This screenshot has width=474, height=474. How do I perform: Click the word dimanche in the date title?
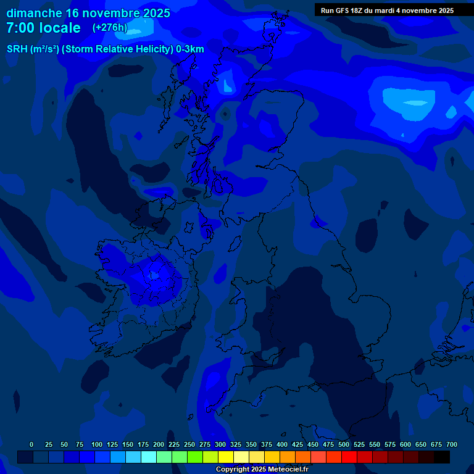tap(34, 13)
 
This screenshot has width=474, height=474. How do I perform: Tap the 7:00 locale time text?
tap(43, 28)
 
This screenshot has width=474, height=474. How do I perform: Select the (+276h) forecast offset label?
tap(110, 28)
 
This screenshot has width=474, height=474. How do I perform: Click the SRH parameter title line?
tap(105, 49)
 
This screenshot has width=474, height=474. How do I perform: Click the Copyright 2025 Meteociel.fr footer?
tap(262, 470)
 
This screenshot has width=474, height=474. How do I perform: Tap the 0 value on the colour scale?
tap(31, 445)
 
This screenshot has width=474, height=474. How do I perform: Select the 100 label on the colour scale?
tap(97, 445)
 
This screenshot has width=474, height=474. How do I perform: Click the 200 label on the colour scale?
tap(159, 445)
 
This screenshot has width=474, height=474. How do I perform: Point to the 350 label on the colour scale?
tap(251, 445)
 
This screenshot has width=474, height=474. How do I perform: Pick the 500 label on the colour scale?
tap(344, 445)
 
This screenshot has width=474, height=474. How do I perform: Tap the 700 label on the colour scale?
tap(452, 445)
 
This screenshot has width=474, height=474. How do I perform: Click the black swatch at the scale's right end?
tap(442, 457)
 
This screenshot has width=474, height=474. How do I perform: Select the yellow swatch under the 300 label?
tap(226, 457)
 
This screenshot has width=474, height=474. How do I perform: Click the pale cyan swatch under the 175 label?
tap(149, 457)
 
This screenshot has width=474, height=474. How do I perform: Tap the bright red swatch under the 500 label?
tap(349, 457)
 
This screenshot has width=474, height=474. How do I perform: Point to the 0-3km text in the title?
tap(189, 49)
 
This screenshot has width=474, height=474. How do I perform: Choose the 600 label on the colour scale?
tap(405, 445)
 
